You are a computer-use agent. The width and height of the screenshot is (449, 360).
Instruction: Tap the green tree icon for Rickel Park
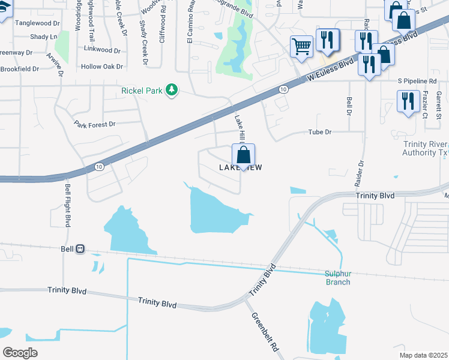tap(172, 90)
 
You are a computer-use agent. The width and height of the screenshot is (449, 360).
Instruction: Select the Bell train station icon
tap(80, 248)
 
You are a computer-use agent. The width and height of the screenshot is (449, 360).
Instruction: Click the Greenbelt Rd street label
tap(265, 331)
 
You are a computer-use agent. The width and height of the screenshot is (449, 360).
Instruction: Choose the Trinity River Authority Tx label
tap(417, 148)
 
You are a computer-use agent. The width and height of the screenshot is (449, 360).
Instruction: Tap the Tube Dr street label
tap(319, 131)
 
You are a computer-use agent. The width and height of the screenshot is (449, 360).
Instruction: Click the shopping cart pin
tap(301, 47)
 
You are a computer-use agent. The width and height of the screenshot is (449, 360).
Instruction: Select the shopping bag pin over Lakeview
tap(243, 155)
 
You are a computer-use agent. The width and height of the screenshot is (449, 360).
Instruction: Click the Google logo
tap(20, 352)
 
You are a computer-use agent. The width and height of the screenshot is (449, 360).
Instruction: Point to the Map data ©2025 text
tap(423, 355)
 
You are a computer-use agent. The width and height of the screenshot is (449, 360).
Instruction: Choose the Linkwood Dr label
tap(103, 47)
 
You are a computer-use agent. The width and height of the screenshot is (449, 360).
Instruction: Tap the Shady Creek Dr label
tap(144, 43)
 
